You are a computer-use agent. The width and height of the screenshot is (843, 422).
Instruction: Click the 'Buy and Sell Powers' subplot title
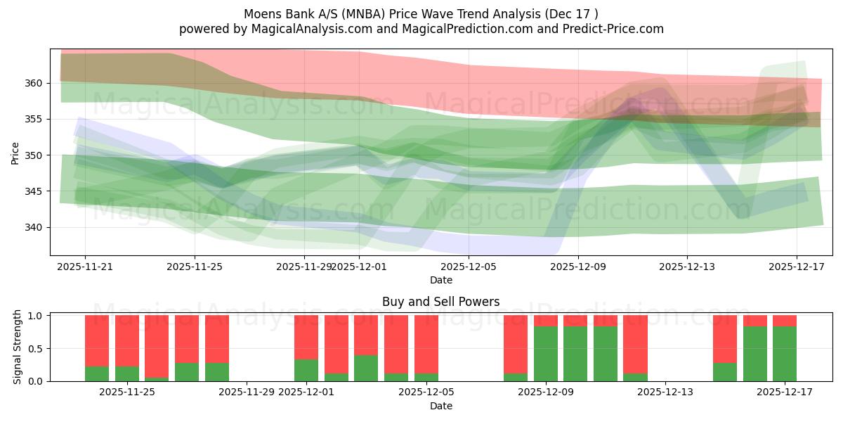pos(440,302)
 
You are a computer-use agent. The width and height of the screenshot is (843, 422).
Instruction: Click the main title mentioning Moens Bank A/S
pos(421,14)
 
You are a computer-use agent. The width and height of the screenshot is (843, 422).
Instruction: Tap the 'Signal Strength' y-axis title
pos(18,348)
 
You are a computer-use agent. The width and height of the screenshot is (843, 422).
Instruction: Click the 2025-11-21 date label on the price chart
pos(85,267)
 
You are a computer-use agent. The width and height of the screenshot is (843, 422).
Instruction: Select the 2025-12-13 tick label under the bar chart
pos(665,392)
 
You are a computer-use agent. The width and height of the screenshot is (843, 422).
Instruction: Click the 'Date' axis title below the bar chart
pos(440,406)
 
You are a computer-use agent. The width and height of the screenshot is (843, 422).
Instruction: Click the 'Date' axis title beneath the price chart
pos(440,280)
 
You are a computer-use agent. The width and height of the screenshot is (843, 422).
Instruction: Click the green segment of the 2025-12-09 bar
pos(546,354)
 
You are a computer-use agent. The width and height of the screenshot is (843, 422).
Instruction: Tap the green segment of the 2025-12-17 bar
pos(785,354)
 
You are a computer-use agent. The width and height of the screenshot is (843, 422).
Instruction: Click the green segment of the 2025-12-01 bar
pos(306,371)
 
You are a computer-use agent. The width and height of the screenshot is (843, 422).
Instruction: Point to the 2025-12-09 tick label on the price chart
pos(577,267)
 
